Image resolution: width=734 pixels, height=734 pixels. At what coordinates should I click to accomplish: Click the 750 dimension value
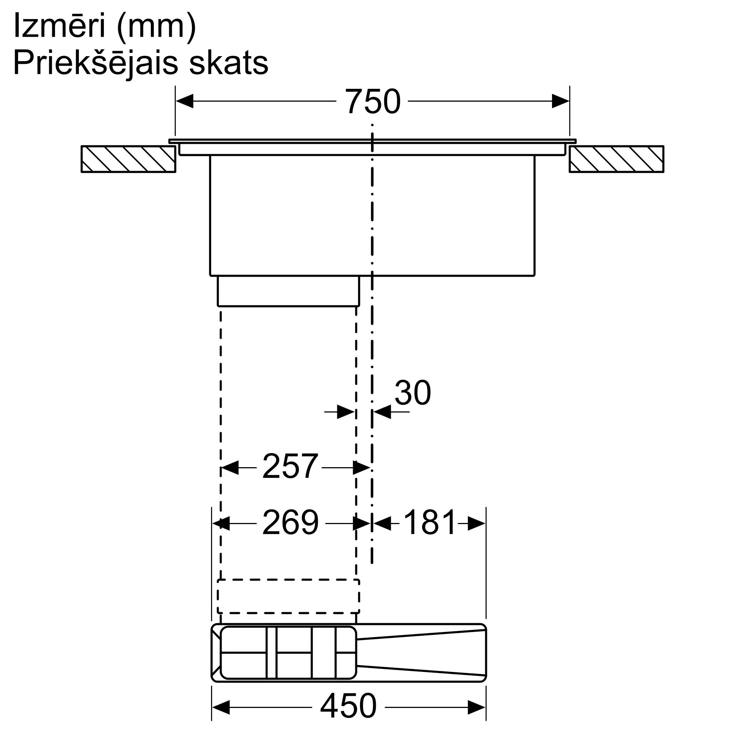coord(372,101)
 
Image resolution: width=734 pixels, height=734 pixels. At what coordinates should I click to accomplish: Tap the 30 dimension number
coord(413,392)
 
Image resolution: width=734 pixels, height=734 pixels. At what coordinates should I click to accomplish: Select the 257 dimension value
coord(290,466)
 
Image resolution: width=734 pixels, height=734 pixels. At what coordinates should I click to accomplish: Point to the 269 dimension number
coord(291,523)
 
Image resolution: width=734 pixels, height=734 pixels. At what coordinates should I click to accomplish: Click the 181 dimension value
coord(429,523)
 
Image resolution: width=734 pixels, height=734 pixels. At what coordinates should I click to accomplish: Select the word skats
coord(229,63)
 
